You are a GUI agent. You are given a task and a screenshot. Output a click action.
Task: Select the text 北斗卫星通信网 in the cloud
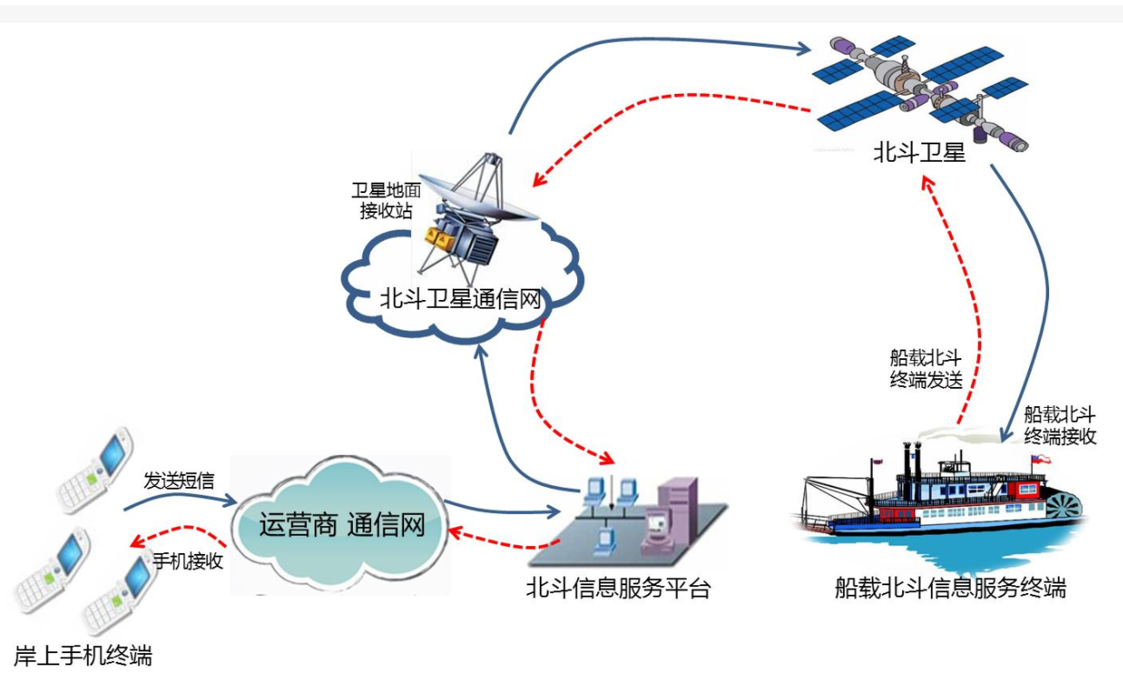tap(461, 300)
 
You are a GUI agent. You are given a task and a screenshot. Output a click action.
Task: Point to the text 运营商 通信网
tap(342, 525)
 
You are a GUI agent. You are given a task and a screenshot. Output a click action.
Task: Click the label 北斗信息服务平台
tap(618, 589)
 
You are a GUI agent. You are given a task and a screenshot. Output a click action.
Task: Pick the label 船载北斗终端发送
tap(925, 368)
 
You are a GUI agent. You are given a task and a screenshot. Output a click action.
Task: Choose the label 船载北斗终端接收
tap(1060, 425)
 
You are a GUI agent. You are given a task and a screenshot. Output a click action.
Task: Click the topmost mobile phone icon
tap(96, 469)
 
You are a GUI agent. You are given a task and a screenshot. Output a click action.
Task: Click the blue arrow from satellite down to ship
tap(1043, 287)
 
